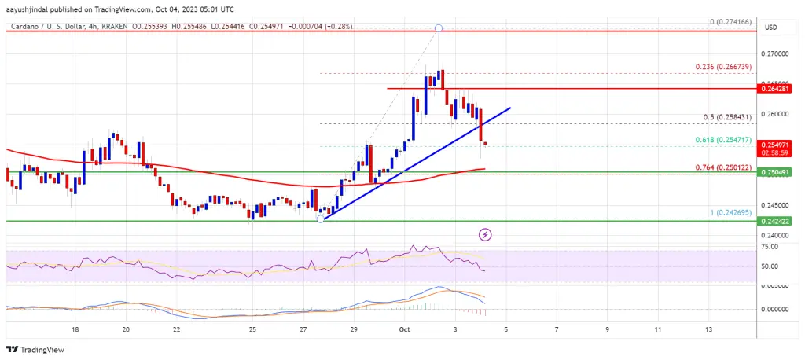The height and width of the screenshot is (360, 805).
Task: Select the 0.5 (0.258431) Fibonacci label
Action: pyautogui.click(x=732, y=117)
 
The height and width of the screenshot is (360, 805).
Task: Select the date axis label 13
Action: pyautogui.click(x=710, y=330)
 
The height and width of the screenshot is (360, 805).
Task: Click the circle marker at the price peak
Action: pyautogui.click(x=439, y=29)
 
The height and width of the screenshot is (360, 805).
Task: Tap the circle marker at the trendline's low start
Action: pyautogui.click(x=321, y=219)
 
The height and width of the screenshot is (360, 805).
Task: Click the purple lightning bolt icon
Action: pyautogui.click(x=486, y=234)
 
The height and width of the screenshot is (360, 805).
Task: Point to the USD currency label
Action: pyautogui.click(x=771, y=28)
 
